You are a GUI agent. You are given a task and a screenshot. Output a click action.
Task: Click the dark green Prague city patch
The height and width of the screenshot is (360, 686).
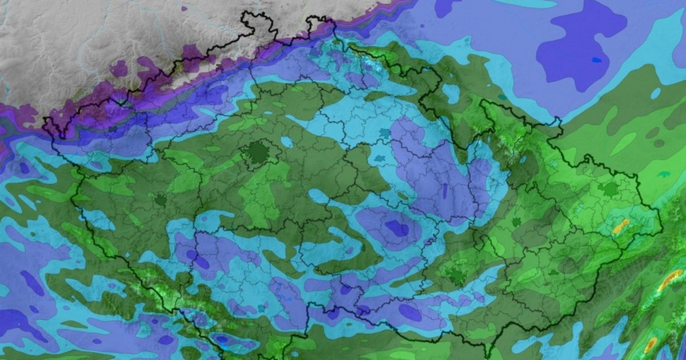pyautogui.click(x=258, y=152)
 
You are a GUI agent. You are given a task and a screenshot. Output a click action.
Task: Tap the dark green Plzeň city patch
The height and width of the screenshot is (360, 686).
pyautogui.click(x=160, y=201)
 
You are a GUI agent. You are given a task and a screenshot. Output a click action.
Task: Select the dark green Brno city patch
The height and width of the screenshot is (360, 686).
pyautogui.click(x=457, y=277)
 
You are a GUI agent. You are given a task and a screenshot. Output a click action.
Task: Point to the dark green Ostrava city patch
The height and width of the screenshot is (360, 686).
pyautogui.click(x=611, y=189)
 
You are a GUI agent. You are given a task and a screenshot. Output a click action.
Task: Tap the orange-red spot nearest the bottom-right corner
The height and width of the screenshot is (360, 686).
pyautogui.click(x=651, y=345)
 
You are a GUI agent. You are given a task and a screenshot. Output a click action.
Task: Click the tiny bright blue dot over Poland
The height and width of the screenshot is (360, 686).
pyautogui.click(x=597, y=59)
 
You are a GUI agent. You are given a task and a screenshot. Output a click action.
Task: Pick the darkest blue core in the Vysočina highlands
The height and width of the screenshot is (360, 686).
pyautogui.click(x=397, y=228)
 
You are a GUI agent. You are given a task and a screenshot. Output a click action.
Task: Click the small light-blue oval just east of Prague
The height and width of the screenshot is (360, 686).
pyautogui.click(x=287, y=141)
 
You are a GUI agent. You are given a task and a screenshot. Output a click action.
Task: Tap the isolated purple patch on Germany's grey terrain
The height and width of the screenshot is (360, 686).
pyautogui.click(x=119, y=69)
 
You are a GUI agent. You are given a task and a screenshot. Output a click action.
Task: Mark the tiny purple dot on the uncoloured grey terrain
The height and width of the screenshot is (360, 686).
pyautogui.click(x=184, y=9)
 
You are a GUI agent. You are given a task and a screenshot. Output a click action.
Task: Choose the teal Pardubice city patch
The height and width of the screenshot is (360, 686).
pyautogui.click(x=378, y=157)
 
